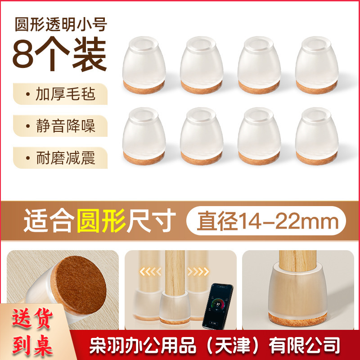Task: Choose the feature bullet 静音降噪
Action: pyautogui.click(x=60, y=125)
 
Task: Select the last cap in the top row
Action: pyautogui.click(x=317, y=63)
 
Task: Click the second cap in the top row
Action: pyautogui.click(x=202, y=63)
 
